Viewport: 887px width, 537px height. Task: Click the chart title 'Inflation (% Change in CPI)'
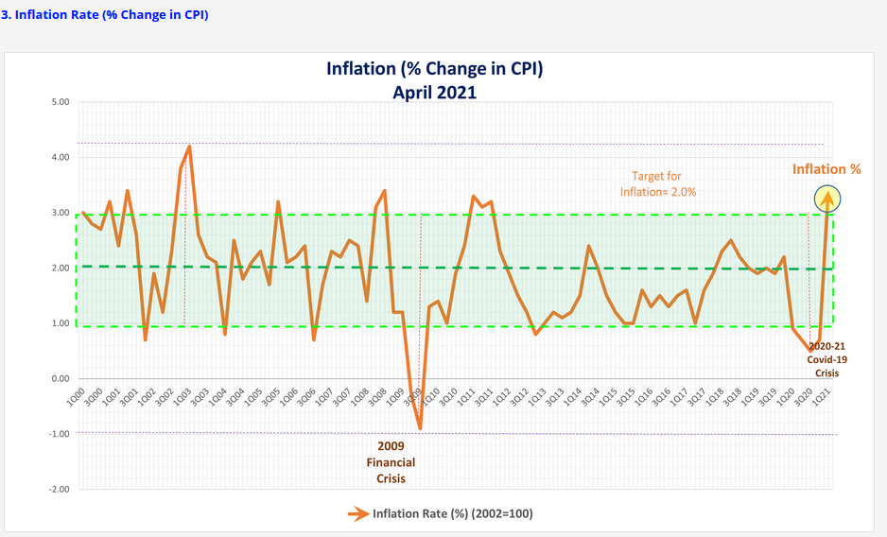pyautogui.click(x=434, y=69)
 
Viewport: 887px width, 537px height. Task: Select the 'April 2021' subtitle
pyautogui.click(x=434, y=92)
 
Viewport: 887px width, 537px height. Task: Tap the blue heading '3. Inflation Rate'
pyautogui.click(x=105, y=15)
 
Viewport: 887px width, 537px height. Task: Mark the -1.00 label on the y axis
pyautogui.click(x=45, y=434)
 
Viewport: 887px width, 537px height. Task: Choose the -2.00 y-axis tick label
pyautogui.click(x=45, y=489)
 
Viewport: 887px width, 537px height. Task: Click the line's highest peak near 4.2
pyautogui.click(x=189, y=147)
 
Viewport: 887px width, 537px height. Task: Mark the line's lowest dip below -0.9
pyautogui.click(x=420, y=428)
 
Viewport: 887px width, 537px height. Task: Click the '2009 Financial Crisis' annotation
pyautogui.click(x=391, y=461)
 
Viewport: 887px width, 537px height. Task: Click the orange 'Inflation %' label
pyautogui.click(x=826, y=169)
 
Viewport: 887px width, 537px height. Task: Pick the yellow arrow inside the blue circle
pyautogui.click(x=828, y=199)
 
